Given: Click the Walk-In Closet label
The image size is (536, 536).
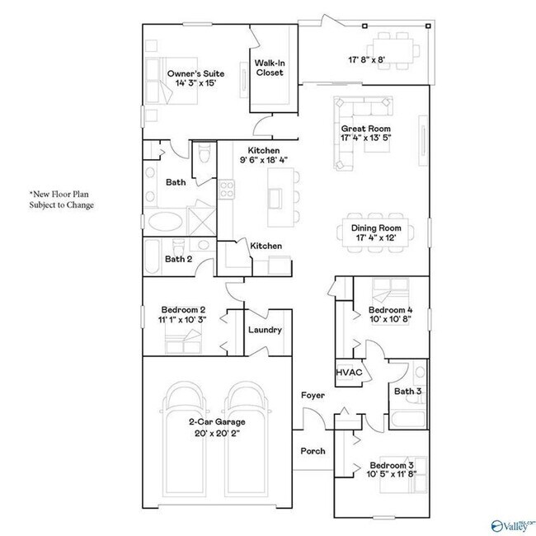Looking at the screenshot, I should [269, 68].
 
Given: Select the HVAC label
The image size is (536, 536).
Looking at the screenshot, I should [348, 373].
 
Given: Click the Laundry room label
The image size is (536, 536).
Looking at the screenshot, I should [265, 330].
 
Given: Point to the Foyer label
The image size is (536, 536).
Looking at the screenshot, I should [312, 396].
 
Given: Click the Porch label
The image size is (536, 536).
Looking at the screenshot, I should [313, 451].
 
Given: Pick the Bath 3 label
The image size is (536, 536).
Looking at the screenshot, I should [407, 391].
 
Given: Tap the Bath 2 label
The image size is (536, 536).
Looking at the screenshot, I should [178, 259].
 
